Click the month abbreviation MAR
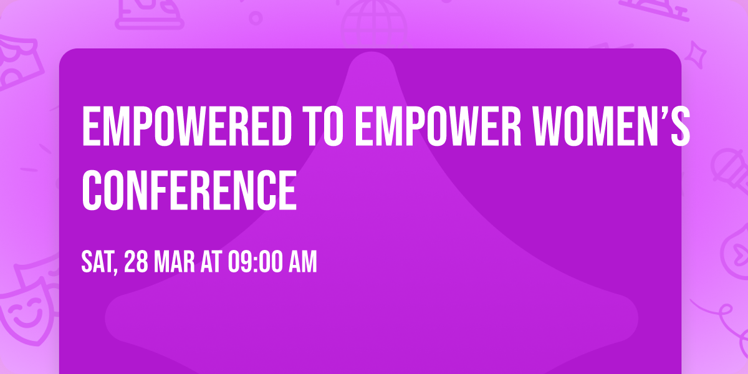[175, 262]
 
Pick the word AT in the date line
[211, 262]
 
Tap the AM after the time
[302, 262]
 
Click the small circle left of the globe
[256, 18]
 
